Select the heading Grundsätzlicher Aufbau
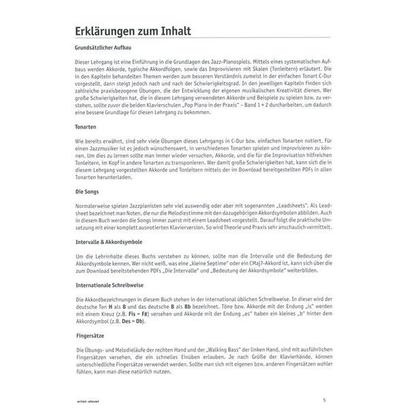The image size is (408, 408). point(107,48)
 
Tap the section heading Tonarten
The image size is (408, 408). point(86,127)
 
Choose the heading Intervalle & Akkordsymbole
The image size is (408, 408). point(114,242)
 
